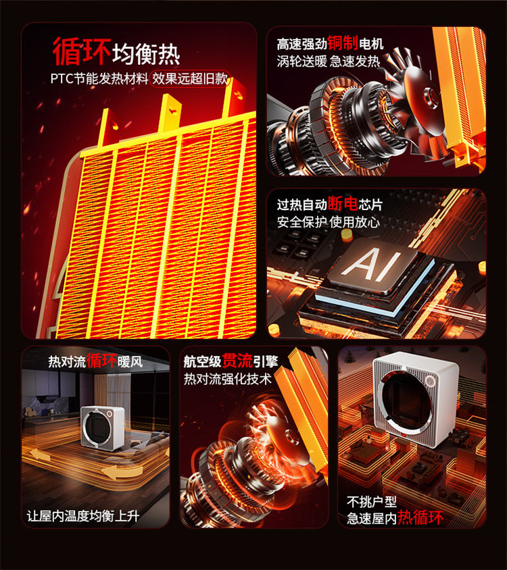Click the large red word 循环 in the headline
82,51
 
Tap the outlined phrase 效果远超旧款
190,78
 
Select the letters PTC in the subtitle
62,78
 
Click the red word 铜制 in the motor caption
343,43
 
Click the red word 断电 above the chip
343,203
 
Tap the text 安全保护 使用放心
329,222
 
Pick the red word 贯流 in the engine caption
237,361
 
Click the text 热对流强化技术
228,379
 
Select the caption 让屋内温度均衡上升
83,516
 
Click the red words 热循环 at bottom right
420,517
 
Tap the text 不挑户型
372,502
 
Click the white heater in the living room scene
102,428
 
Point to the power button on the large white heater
431,382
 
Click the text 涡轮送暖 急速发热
329,61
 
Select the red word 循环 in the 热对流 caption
101,361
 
